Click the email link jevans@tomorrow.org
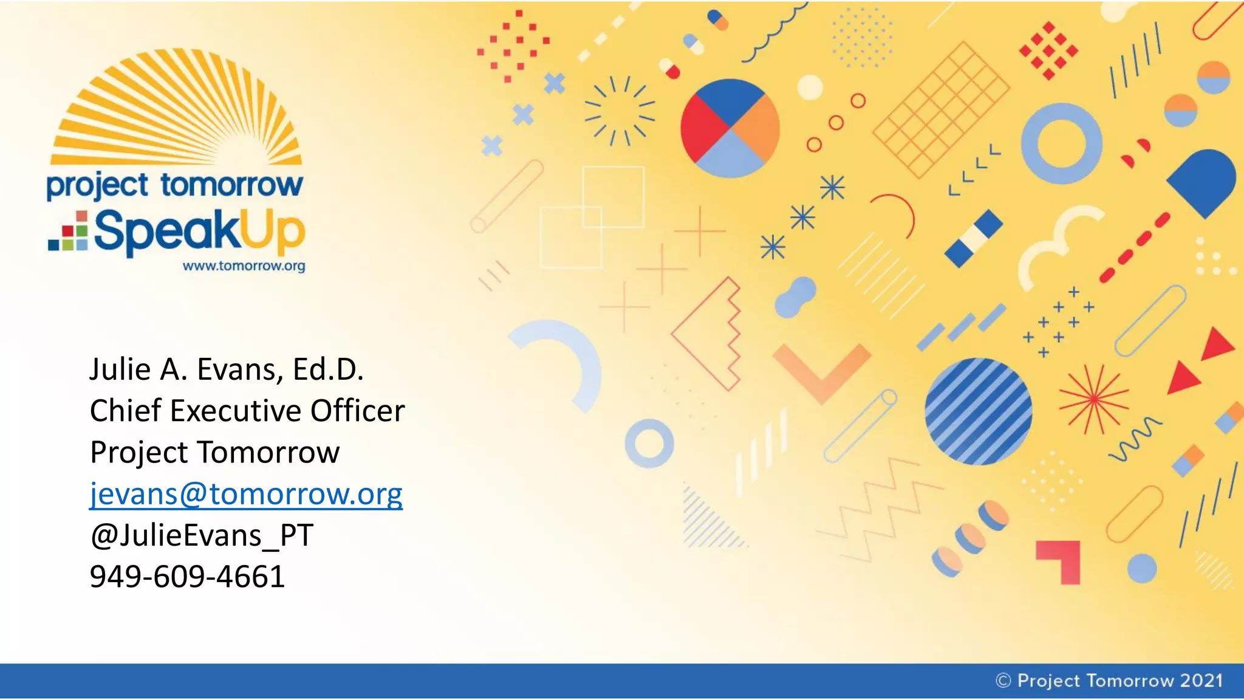[x=246, y=494]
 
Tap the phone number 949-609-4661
[x=187, y=577]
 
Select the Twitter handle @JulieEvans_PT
[x=201, y=535]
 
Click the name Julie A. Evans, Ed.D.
[x=227, y=369]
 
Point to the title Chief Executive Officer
[x=247, y=411]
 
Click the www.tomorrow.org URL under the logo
[x=244, y=266]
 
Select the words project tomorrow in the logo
[x=174, y=185]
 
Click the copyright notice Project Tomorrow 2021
[x=1109, y=681]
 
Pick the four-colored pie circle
[x=730, y=128]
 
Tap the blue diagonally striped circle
[x=978, y=412]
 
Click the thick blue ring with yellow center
[x=1061, y=143]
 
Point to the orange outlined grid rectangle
[x=941, y=109]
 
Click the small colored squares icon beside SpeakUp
[x=69, y=232]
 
